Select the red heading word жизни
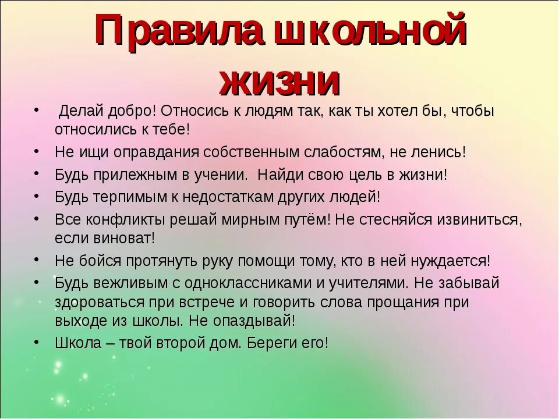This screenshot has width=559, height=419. click(x=279, y=81)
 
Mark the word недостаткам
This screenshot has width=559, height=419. click(x=231, y=197)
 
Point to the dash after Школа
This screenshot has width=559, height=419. click(x=109, y=343)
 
